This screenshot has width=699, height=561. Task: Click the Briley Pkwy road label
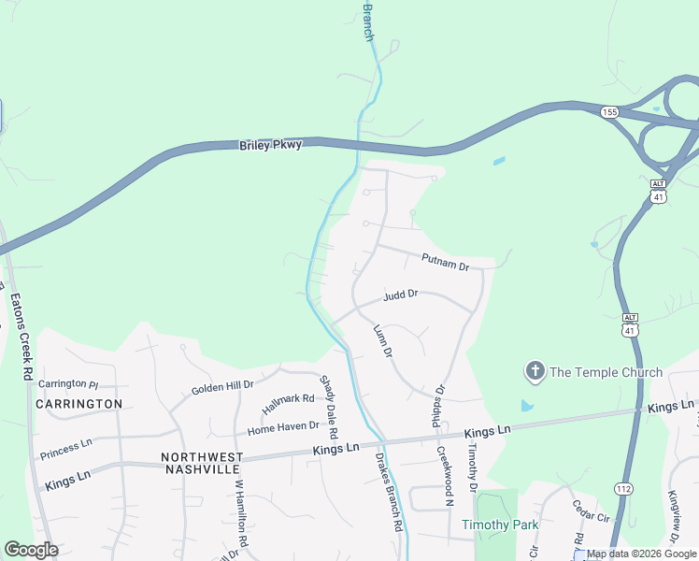(x=271, y=145)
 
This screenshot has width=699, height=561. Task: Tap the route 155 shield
(x=609, y=112)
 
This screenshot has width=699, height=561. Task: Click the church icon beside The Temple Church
(x=535, y=372)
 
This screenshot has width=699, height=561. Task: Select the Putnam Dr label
(x=445, y=262)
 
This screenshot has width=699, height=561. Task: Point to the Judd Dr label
(x=400, y=296)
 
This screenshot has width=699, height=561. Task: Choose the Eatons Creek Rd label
(x=21, y=338)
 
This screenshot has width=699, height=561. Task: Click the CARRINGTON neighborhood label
(x=79, y=404)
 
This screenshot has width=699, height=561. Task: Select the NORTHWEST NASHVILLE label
(x=203, y=463)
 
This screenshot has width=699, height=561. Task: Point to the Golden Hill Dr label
(x=222, y=387)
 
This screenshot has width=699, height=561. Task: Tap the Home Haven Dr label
(x=283, y=428)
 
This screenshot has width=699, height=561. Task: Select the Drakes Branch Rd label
(x=389, y=492)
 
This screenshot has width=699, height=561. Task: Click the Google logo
(x=32, y=550)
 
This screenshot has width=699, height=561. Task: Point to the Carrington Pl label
(x=68, y=384)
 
